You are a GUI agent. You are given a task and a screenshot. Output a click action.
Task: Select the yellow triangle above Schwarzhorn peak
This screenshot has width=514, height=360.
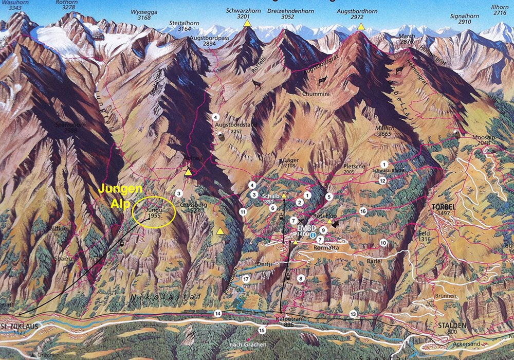point(247,23)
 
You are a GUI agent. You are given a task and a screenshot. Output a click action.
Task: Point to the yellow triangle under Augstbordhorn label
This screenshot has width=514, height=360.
point(361,26)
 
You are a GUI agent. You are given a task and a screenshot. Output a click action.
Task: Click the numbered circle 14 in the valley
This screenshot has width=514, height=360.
point(218,313)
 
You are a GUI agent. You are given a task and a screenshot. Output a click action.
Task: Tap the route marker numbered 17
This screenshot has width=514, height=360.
point(246,279)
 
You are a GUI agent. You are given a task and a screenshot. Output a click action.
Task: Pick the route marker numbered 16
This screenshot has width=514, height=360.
point(363,211)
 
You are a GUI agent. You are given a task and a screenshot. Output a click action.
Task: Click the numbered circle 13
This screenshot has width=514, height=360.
point(353,313)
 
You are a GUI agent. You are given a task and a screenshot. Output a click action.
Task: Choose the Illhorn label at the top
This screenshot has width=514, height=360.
point(500,10)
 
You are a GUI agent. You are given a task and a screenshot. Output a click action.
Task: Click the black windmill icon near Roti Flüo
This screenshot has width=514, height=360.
point(335,224)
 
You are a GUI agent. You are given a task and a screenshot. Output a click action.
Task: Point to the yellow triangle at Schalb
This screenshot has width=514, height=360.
point(284,195)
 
